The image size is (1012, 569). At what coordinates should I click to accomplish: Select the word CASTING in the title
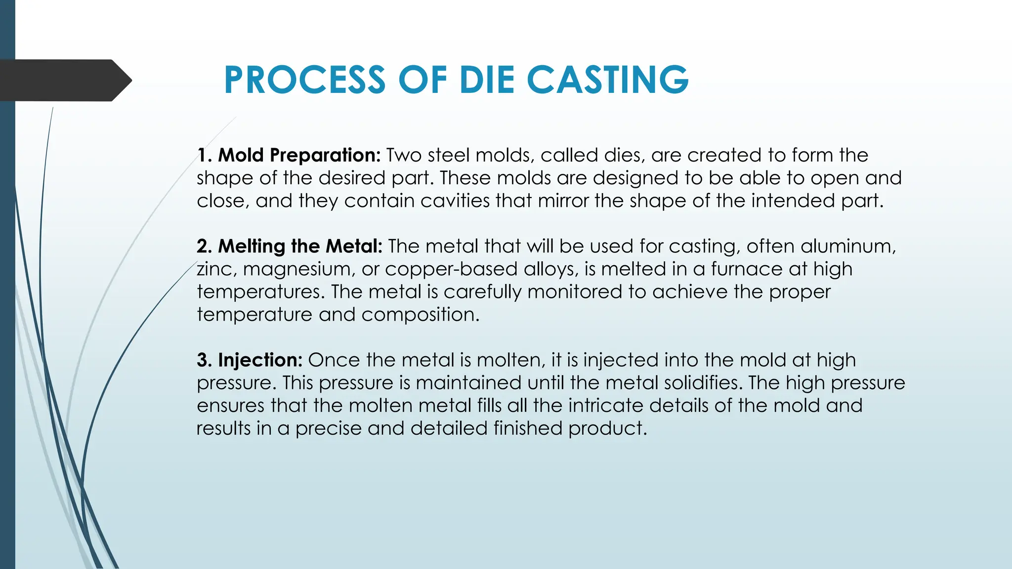[x=607, y=80]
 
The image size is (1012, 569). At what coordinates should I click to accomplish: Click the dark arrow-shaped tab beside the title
[x=64, y=80]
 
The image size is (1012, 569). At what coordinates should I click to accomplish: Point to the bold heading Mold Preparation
[x=299, y=156]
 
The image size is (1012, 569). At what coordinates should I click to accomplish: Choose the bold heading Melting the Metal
[x=300, y=246]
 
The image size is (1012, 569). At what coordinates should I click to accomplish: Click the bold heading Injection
[x=260, y=360]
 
